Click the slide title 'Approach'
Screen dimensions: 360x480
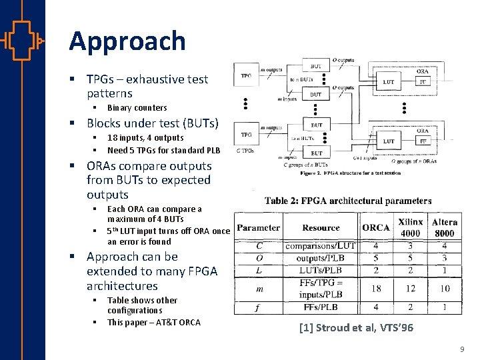point(127,41)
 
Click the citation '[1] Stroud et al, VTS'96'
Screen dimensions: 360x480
point(356,327)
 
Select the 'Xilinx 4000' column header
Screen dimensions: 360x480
point(410,227)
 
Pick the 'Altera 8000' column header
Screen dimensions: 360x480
point(444,227)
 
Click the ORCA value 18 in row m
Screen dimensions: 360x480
point(375,288)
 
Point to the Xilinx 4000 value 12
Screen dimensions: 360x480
point(410,288)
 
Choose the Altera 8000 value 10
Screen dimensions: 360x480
point(444,288)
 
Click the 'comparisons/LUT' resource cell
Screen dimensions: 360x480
point(320,246)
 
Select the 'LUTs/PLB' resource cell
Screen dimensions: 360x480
point(320,270)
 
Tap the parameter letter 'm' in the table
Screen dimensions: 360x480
point(259,289)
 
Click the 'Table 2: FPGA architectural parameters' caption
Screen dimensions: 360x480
point(347,201)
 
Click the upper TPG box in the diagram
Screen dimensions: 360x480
point(247,77)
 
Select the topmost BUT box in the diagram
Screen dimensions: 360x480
point(316,67)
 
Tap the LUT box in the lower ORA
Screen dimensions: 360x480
point(389,141)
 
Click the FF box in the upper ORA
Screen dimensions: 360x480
point(423,82)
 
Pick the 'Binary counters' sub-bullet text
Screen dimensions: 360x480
point(137,108)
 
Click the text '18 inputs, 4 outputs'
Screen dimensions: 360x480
point(145,138)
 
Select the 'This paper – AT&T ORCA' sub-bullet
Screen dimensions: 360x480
point(153,323)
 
